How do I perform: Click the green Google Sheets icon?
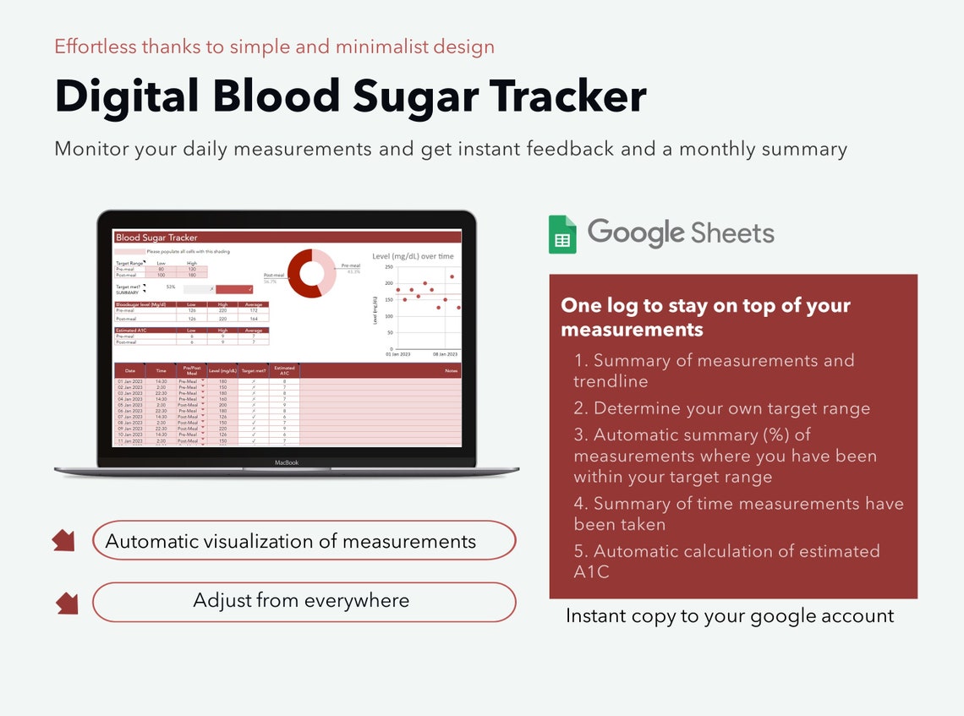pyautogui.click(x=562, y=234)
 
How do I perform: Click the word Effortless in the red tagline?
pyautogui.click(x=95, y=46)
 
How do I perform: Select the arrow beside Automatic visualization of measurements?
pyautogui.click(x=63, y=540)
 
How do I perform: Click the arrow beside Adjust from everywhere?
pyautogui.click(x=67, y=603)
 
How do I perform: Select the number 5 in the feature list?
pyautogui.click(x=579, y=551)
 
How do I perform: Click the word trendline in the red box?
pyautogui.click(x=611, y=381)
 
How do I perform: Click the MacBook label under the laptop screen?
pyautogui.click(x=287, y=462)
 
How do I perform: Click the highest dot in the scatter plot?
pyautogui.click(x=452, y=276)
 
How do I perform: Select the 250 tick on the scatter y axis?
pyautogui.click(x=389, y=267)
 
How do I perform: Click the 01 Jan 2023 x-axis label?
pyautogui.click(x=397, y=355)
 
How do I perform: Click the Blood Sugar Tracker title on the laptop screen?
pyautogui.click(x=156, y=238)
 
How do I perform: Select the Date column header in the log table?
pyautogui.click(x=130, y=370)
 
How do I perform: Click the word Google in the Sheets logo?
pyautogui.click(x=635, y=232)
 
